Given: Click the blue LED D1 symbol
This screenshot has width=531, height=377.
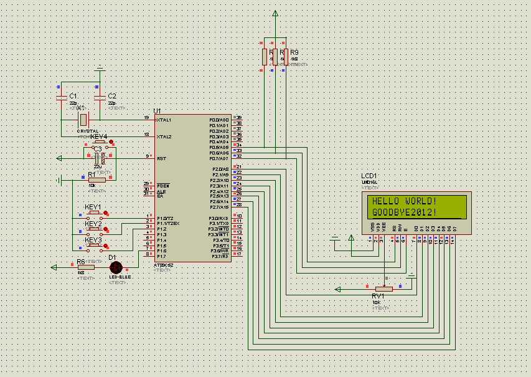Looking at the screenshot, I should (116, 267).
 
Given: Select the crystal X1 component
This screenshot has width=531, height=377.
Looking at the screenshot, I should (82, 119).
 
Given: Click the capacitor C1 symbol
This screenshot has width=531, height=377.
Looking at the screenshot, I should (61, 98).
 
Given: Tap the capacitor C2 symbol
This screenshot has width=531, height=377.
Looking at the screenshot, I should (99, 98).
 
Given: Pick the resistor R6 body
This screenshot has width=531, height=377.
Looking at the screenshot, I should (86, 267).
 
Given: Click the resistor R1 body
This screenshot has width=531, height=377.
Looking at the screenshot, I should (97, 180).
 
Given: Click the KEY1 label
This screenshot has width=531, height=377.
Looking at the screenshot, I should (93, 207).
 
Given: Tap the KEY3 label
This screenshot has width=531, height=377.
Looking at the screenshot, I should (93, 240).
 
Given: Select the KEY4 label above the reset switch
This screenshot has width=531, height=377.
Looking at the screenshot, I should (98, 136).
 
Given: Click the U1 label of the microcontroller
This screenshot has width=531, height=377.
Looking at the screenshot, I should (157, 111).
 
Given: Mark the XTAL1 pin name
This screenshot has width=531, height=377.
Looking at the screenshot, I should (164, 119).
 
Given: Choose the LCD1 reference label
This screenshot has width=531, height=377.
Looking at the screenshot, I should (369, 176).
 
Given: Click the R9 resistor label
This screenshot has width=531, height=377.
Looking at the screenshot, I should (294, 52).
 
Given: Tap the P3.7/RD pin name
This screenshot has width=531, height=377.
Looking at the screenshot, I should (219, 256).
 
